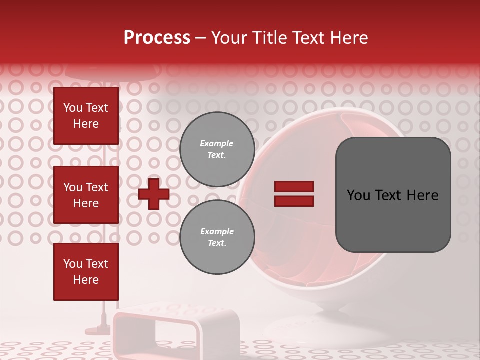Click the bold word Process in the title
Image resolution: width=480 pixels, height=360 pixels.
click(157, 38)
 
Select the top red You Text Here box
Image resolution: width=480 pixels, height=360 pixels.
click(86, 116)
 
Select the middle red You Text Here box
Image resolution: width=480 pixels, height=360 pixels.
click(86, 195)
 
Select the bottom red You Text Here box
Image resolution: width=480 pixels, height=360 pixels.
click(86, 271)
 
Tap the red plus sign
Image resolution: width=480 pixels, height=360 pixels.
click(154, 194)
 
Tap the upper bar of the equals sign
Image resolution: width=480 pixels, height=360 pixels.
click(294, 186)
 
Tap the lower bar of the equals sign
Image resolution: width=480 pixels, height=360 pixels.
click(294, 201)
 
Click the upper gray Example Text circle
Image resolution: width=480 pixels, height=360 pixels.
click(217, 149)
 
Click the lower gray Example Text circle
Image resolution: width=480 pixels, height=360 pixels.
click(217, 237)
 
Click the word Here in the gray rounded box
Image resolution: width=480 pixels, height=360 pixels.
click(423, 195)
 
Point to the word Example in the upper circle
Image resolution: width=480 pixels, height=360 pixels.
click(216, 143)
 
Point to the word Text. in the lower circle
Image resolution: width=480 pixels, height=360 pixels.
click(217, 243)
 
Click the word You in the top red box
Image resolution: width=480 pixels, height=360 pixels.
click(72, 108)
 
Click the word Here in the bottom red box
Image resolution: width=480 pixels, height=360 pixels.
click(86, 280)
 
